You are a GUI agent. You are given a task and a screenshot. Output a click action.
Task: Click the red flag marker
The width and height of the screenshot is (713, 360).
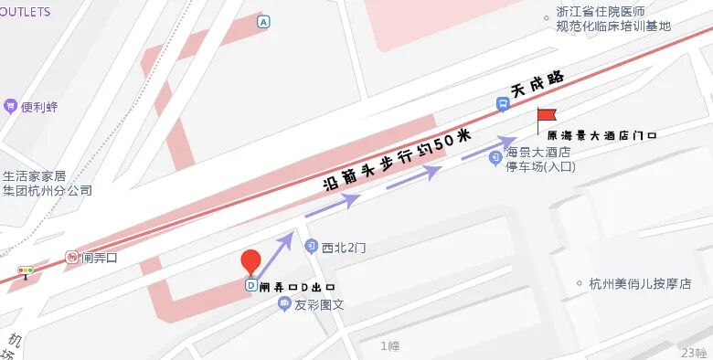(x=546, y=117)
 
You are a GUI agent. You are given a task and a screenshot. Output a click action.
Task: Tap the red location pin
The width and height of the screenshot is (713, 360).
(x=251, y=261)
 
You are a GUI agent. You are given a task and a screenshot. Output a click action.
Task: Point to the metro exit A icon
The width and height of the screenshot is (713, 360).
(x=264, y=21)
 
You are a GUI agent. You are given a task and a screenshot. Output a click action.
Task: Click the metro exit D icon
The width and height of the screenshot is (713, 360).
(x=251, y=285)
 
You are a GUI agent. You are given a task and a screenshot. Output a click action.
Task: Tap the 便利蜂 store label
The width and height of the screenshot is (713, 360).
(x=39, y=107)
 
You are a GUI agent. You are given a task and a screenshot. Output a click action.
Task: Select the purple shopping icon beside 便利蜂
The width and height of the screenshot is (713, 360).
(x=10, y=107)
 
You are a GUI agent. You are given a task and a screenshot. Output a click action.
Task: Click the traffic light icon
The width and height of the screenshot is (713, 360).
(x=26, y=271)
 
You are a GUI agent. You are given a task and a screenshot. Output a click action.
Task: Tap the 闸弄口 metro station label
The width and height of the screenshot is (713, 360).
(x=100, y=259)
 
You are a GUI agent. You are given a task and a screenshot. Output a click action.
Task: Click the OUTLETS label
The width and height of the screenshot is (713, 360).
(x=25, y=12)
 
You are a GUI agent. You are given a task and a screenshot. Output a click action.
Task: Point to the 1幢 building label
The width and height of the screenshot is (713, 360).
(x=390, y=345)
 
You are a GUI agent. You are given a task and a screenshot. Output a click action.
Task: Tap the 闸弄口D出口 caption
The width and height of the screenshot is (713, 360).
(x=292, y=287)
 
